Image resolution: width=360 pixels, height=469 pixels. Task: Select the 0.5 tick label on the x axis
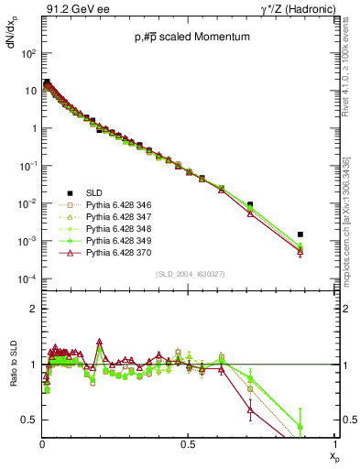coord(188,444)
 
